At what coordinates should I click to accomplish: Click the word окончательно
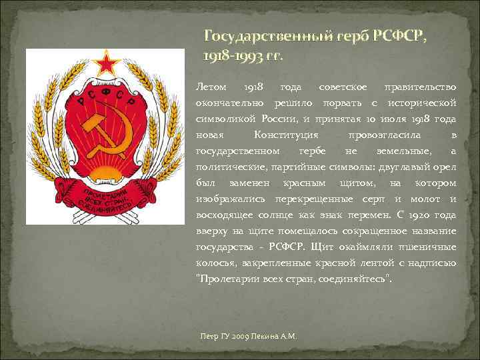click(229, 103)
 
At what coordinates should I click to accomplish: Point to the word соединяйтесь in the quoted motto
click(354, 279)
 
